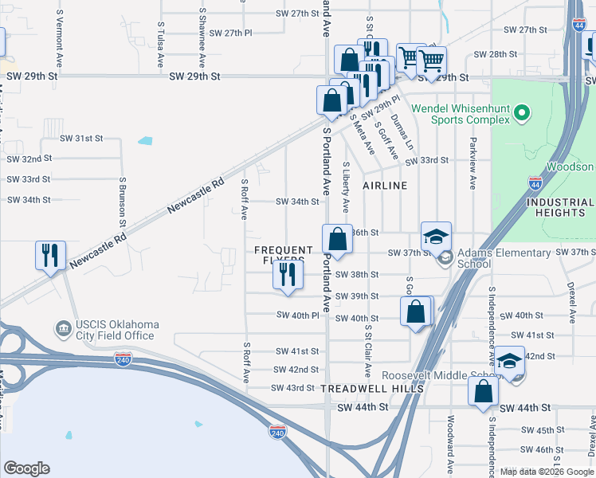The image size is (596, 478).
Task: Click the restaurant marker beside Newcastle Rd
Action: pyautogui.click(x=50, y=256)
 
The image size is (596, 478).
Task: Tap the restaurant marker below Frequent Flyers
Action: pyautogui.click(x=288, y=274)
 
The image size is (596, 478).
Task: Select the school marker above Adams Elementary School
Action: pyautogui.click(x=436, y=237)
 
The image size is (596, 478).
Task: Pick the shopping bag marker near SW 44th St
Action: pyautogui.click(x=483, y=391)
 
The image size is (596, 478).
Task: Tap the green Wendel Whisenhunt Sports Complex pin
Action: pyautogui.click(x=522, y=113)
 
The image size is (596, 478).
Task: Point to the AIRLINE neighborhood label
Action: pyautogui.click(x=385, y=186)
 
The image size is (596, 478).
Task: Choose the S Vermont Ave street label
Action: pyautogui.click(x=58, y=40)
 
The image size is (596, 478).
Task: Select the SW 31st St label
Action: pyautogui.click(x=78, y=138)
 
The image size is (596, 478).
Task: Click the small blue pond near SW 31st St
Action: pyautogui.click(x=145, y=141)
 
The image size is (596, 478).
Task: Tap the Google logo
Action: pyautogui.click(x=27, y=468)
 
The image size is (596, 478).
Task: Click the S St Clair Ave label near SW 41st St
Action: pyautogui.click(x=368, y=351)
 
